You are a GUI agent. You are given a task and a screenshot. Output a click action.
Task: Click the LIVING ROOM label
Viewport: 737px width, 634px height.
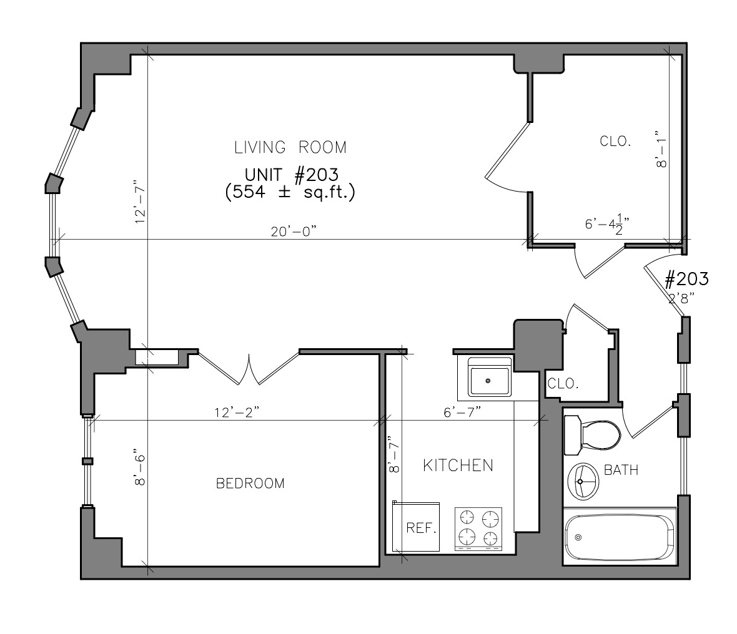[290, 147]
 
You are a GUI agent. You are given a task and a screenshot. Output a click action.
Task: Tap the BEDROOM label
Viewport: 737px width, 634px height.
[250, 483]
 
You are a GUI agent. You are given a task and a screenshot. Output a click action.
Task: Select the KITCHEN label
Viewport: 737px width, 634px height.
[458, 466]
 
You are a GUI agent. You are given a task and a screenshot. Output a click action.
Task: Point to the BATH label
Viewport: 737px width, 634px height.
[621, 470]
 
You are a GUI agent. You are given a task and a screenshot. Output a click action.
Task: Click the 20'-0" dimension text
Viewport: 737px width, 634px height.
[294, 232]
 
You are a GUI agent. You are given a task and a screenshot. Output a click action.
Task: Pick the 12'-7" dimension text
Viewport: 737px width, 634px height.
[140, 201]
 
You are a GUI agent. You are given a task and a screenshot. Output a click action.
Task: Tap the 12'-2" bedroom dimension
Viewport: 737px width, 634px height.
[237, 412]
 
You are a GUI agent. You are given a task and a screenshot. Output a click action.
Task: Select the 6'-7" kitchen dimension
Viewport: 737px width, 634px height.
[462, 412]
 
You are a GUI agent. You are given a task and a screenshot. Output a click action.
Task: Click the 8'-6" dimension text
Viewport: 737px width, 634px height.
[140, 470]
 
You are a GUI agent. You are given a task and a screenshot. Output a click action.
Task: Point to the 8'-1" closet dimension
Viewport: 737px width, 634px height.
[661, 149]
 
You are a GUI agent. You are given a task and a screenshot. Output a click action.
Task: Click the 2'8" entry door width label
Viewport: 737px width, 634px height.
[681, 298]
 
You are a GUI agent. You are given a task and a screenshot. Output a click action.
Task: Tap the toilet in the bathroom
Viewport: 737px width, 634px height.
[592, 434]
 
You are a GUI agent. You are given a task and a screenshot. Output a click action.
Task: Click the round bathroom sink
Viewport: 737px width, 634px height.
[583, 481]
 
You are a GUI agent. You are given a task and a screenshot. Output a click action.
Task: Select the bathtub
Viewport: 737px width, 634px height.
[620, 537]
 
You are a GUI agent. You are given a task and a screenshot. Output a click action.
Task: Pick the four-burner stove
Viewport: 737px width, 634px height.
[478, 529]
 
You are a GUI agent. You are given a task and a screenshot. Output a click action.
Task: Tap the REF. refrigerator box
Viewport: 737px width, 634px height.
[416, 527]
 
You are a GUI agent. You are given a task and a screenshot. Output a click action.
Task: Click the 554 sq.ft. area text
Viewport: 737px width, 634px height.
[290, 192]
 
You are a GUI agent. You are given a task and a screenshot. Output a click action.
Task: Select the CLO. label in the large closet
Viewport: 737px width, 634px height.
[615, 141]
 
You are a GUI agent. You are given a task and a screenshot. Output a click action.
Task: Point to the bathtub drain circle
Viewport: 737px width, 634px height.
[578, 537]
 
